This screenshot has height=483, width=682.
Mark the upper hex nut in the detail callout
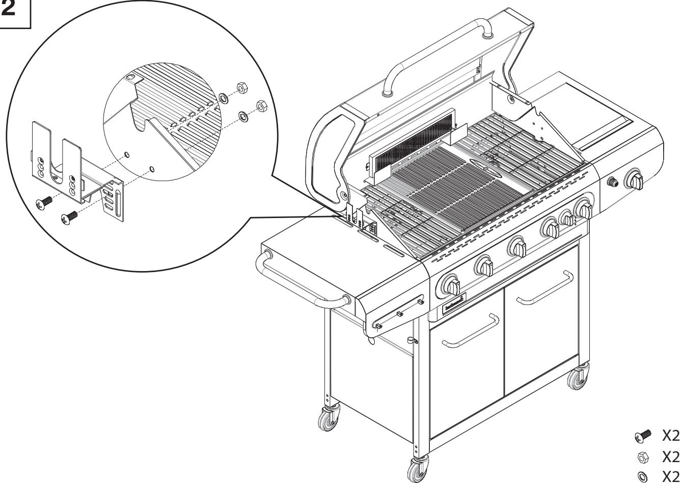[241, 89]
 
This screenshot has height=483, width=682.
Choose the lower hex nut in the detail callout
[260, 106]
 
